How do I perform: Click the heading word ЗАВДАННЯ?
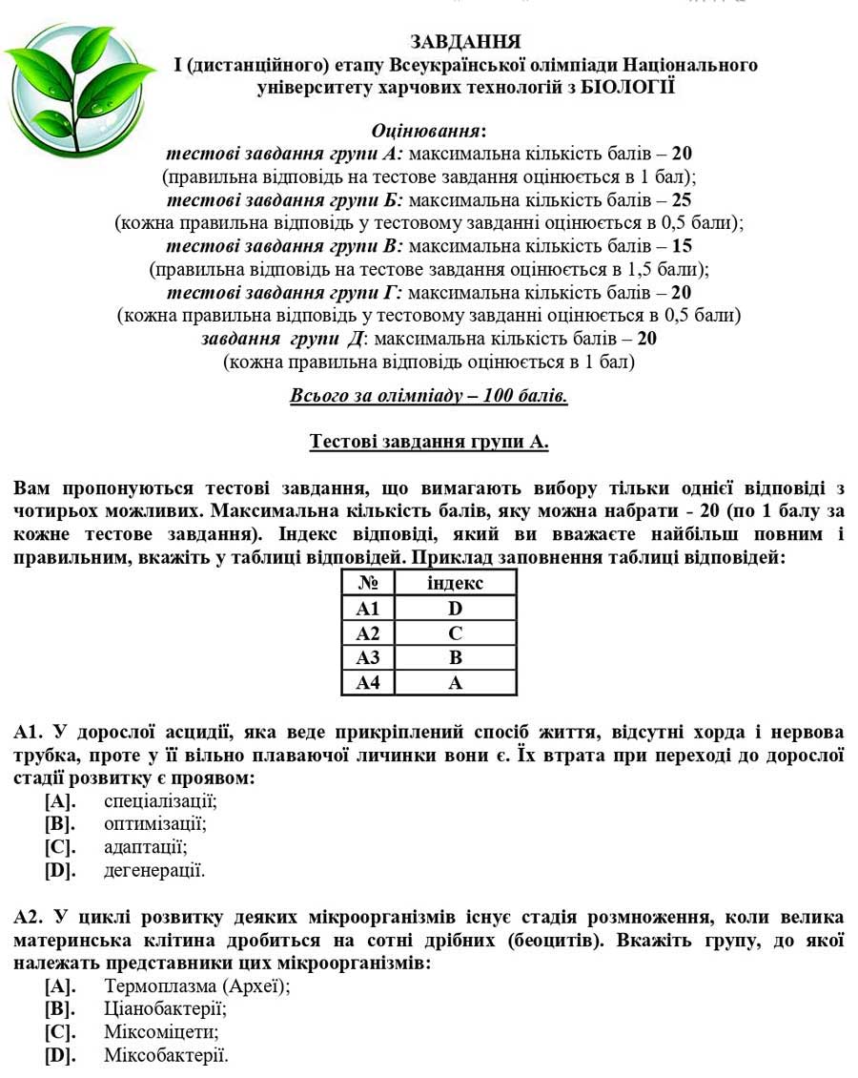465,42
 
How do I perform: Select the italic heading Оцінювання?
428,131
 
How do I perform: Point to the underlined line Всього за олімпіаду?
428,395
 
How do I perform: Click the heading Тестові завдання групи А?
429,442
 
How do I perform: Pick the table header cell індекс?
455,583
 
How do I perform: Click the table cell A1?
368,608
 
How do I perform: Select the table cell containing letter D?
455,608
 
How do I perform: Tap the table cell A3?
368,657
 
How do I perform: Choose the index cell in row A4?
455,682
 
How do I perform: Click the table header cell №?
368,583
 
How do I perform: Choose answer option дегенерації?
154,870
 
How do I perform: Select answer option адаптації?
146,847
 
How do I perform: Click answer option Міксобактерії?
166,1055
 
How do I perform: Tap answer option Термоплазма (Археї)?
196,986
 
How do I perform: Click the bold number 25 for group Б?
681,200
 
